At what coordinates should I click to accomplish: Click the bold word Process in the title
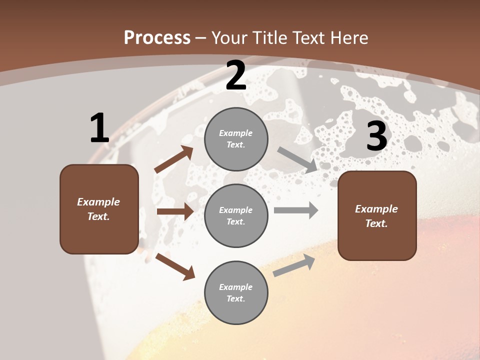[157, 37]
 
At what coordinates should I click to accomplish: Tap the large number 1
[99, 128]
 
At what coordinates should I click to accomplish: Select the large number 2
[236, 75]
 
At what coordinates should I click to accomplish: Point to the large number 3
[376, 136]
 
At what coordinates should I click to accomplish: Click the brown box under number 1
[99, 209]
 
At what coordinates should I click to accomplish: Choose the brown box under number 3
[377, 215]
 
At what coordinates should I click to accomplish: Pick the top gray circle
[236, 139]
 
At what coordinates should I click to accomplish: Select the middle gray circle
[236, 215]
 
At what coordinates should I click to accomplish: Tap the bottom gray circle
[236, 292]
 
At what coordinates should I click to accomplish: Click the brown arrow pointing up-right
[173, 159]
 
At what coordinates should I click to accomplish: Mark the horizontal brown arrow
[175, 211]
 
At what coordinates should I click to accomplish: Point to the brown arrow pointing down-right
[175, 266]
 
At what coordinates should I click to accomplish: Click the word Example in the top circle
[236, 133]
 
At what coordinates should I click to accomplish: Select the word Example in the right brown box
[376, 209]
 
